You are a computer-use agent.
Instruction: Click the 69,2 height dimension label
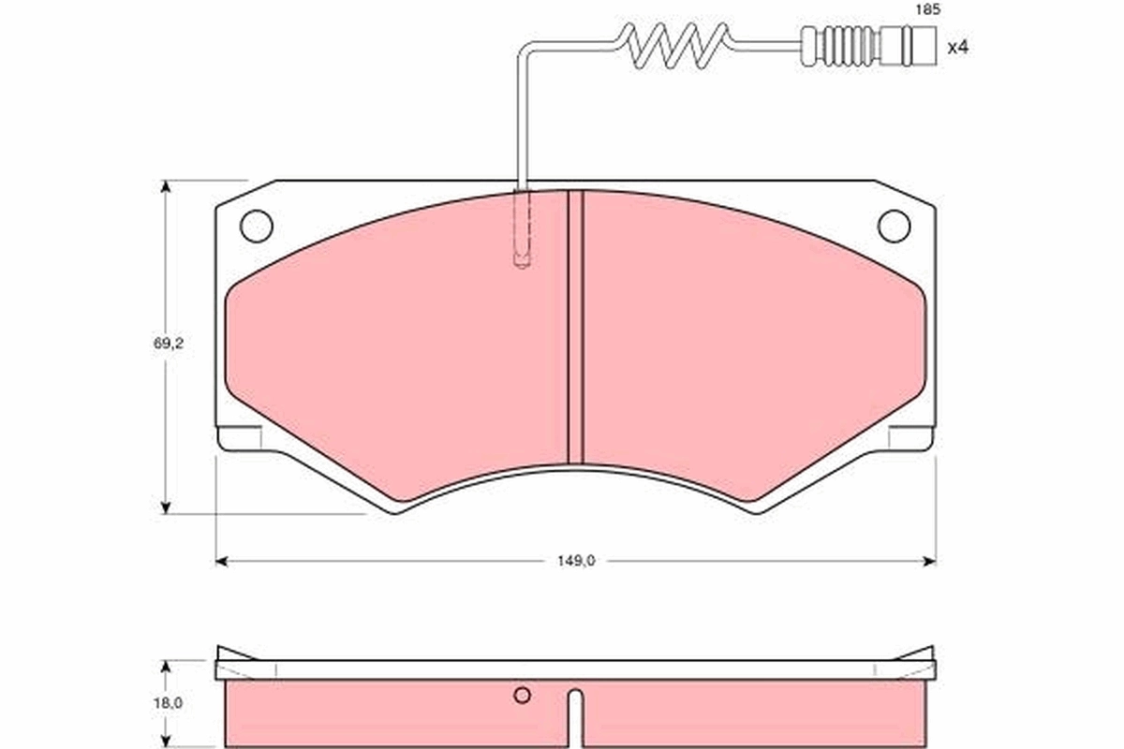pos(169,344)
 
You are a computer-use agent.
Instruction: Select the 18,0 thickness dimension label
pos(169,702)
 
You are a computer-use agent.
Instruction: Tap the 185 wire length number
pos(926,10)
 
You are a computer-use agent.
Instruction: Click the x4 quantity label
pos(956,46)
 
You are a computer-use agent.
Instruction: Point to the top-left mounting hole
pos(256,226)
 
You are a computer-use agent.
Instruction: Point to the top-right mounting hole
pos(894,226)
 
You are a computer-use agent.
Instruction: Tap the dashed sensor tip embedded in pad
pos(523,230)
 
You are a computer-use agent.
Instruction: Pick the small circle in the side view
pos(523,695)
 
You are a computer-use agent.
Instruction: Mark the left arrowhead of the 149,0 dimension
pos(222,561)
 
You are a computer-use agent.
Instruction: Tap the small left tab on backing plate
pos(240,437)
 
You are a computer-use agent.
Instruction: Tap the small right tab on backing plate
pos(911,437)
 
